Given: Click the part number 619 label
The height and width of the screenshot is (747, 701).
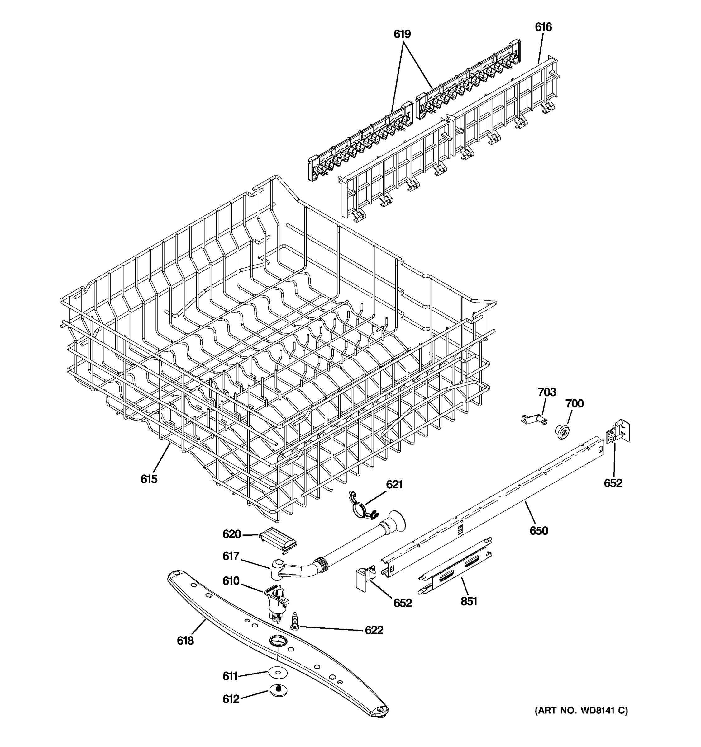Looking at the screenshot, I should [402, 34].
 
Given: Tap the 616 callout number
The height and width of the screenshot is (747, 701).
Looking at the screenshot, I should [543, 27].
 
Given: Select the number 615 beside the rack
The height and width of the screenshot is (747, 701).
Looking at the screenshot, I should [149, 479].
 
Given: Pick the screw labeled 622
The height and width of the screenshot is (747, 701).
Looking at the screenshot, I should [295, 620].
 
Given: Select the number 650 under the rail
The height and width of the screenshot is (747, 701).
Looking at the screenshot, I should [539, 531].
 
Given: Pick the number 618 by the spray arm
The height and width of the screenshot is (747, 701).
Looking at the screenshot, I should [185, 641].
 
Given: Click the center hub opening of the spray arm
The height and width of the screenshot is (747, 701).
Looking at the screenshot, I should [278, 640].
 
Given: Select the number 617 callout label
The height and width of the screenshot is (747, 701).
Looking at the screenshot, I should [231, 556].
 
